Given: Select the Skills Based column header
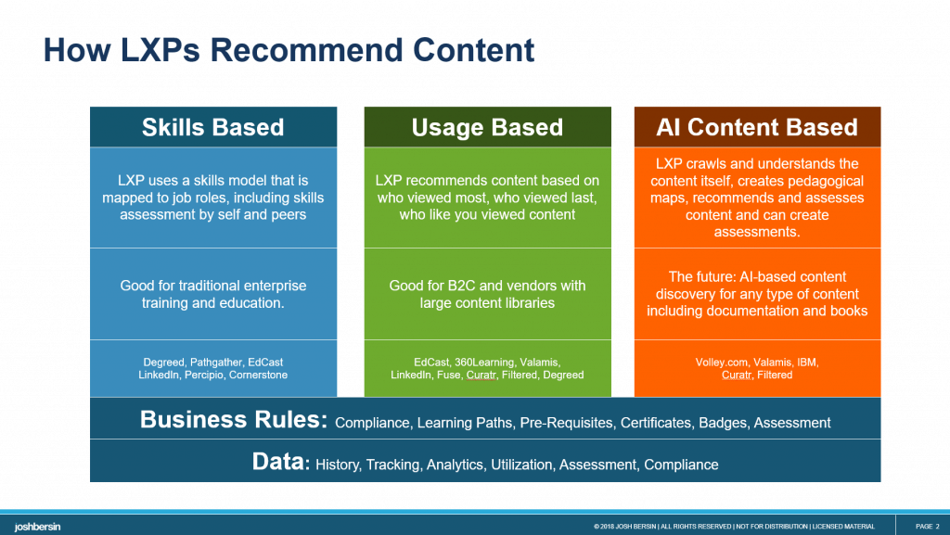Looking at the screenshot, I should coord(212,127).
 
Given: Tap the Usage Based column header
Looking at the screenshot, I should coord(487,127).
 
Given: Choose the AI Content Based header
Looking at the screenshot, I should coord(757,127).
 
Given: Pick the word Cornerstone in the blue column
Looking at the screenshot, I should coord(260,375).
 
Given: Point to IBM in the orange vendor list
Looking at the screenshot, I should coord(805,362).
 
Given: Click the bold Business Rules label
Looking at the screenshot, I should coord(234,420).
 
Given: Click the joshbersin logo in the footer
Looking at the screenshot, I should coord(37,526).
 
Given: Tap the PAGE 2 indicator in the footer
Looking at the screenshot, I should coord(927,527).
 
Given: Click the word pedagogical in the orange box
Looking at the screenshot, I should coord(818,181).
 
